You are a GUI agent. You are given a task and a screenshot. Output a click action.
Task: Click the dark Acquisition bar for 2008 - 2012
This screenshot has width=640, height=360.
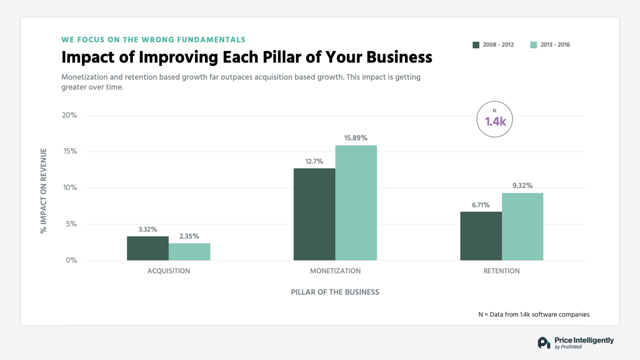148,248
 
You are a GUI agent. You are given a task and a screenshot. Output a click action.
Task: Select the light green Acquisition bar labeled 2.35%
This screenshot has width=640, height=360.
189,252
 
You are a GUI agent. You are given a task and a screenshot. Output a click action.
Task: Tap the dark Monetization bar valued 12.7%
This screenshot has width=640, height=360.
314,214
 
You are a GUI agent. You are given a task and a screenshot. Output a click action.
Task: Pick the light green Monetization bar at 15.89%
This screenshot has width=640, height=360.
356,203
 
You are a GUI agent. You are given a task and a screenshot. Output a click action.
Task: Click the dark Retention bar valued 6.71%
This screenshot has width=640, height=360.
481,236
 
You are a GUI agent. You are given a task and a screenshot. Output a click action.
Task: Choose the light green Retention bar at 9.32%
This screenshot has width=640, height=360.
522,226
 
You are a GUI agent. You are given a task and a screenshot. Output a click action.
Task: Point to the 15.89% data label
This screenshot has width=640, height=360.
355,138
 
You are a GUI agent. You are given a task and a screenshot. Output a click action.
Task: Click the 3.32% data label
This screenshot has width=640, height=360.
148,229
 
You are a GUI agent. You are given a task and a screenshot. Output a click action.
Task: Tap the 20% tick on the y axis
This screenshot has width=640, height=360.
70,115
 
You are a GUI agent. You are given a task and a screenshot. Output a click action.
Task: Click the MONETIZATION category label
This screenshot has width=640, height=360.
335,271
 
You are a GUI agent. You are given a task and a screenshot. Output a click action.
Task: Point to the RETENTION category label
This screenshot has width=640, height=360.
501,271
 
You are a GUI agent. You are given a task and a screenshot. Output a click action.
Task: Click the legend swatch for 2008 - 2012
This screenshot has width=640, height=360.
476,45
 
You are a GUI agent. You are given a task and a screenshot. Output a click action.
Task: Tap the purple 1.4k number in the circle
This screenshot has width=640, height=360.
495,122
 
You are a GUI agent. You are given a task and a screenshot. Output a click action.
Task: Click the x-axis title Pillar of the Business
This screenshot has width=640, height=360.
335,292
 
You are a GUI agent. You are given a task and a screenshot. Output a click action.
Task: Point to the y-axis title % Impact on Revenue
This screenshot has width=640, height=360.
44,191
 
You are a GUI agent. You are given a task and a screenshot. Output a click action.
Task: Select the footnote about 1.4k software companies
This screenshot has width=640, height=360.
534,314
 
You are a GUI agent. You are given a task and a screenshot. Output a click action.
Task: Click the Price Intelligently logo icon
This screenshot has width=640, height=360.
544,343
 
